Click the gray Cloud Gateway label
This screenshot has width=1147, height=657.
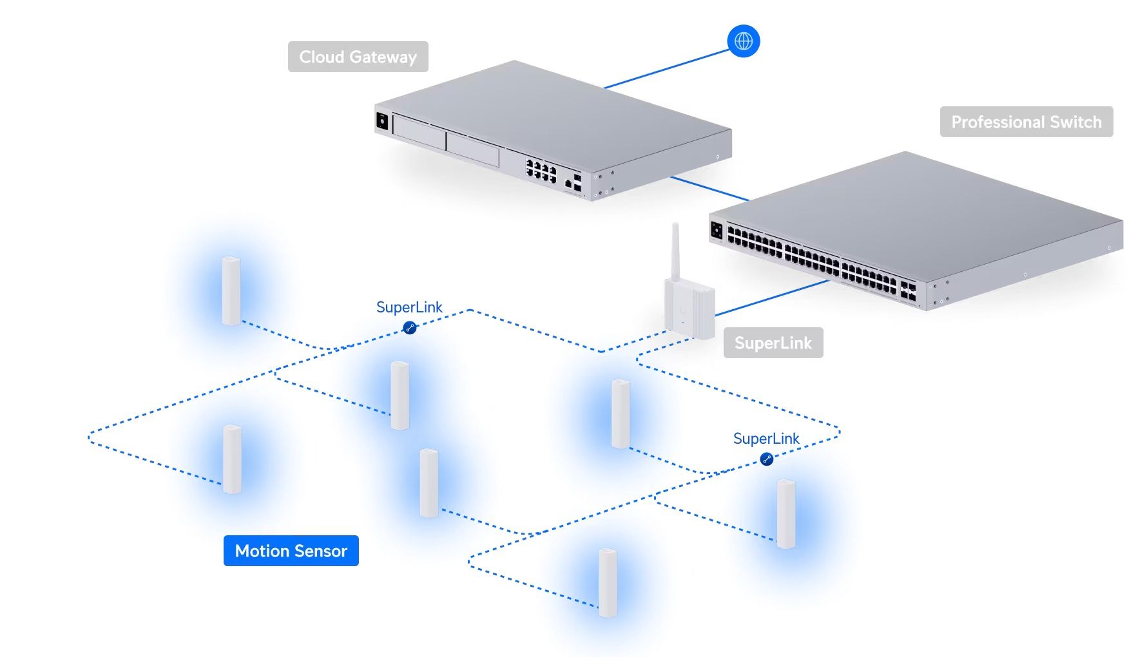[x=358, y=57]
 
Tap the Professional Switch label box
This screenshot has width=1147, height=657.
[x=1026, y=122]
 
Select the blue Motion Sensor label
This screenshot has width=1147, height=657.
[x=291, y=551]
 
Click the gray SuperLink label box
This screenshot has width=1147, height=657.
[x=773, y=343]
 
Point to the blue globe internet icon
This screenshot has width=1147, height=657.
[x=743, y=41]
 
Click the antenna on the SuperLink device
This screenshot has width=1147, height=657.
[x=675, y=251]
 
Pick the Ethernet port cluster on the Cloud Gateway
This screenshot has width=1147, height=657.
[x=541, y=171]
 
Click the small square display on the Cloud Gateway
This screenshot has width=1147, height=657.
[x=381, y=120]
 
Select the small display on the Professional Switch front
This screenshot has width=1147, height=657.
[x=717, y=230]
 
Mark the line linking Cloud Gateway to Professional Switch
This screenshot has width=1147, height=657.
[x=709, y=188]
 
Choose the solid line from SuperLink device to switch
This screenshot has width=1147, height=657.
[x=770, y=298]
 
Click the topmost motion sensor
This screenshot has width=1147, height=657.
[x=231, y=291]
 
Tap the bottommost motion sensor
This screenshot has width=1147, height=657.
[x=608, y=583]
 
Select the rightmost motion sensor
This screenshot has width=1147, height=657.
[x=786, y=514]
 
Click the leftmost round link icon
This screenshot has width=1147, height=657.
[x=409, y=328]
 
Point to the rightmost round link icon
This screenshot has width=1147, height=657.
[x=766, y=459]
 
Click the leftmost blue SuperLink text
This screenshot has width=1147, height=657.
[x=409, y=307]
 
